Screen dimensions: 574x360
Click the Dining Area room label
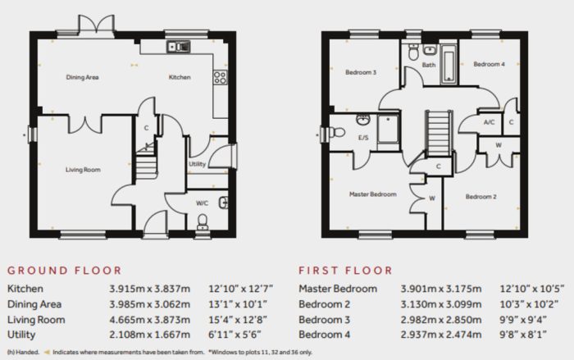coord(82,77)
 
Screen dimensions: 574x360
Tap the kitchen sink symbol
coord(179,47)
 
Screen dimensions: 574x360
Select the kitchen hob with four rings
coord(220,78)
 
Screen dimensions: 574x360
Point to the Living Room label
coord(83,170)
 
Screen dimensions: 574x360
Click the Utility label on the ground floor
coord(197,164)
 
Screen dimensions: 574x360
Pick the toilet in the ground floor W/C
coord(202,221)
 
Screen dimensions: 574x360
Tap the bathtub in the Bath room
coord(449,64)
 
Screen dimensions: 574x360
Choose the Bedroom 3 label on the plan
coord(361,72)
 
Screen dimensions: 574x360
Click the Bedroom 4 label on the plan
coord(489,64)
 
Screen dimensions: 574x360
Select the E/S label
coord(363,138)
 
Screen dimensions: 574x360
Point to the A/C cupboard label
coord(489,122)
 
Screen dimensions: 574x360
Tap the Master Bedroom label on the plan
coord(372,194)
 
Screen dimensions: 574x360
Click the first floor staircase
coord(438,134)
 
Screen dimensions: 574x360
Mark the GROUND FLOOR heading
coord(65,271)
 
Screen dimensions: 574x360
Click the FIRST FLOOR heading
coord(345,271)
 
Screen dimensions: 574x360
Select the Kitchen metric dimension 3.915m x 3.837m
coord(150,289)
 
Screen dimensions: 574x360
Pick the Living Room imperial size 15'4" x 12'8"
coord(238,319)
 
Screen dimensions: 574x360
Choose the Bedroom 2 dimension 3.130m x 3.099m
coord(441,304)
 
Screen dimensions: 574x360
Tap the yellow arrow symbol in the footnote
coord(47,353)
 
